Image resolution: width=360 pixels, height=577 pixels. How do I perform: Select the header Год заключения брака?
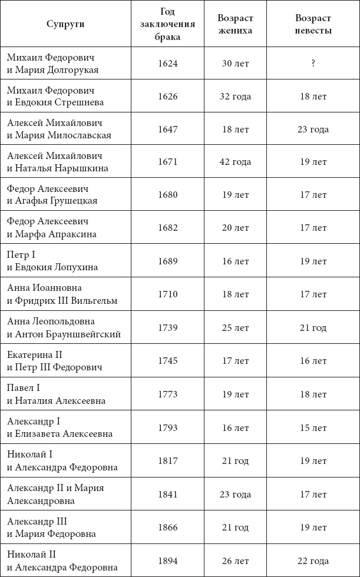click(168, 24)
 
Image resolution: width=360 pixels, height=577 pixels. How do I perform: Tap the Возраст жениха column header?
click(235, 24)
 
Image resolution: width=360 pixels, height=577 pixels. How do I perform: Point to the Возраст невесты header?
click(312, 24)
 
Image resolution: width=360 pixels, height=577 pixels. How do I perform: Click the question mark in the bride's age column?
click(313, 64)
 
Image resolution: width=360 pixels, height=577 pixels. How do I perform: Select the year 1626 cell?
click(168, 97)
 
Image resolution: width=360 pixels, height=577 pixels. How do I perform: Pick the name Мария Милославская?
click(63, 135)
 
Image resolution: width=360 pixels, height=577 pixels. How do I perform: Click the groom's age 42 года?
click(235, 162)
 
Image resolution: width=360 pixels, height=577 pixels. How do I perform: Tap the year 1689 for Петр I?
click(168, 261)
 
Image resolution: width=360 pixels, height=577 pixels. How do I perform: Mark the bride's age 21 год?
click(313, 327)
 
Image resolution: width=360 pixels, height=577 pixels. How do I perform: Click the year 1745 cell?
click(168, 360)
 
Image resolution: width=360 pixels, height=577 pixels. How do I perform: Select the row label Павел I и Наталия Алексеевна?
click(57, 394)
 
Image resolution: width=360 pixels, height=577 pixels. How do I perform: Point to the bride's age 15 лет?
click(313, 428)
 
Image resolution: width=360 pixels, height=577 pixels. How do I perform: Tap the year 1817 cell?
click(168, 461)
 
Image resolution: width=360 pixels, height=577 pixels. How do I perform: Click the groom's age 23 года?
click(235, 495)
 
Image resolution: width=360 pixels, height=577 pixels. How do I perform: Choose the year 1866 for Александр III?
click(168, 528)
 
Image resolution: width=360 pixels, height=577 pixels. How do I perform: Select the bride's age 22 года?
click(313, 561)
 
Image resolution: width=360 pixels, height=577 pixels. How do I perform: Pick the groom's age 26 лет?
click(235, 561)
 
